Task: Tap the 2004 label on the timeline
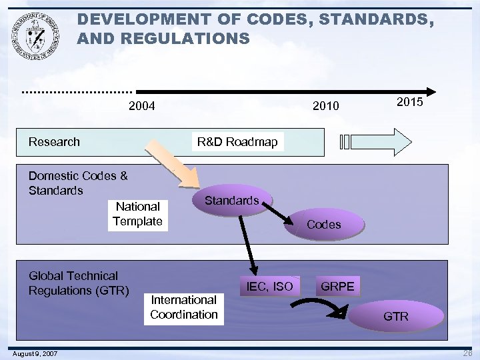point(141,105)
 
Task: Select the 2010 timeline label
point(326,106)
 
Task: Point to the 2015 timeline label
point(410,103)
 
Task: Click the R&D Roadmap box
point(237,141)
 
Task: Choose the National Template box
point(137,214)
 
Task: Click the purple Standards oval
point(231,200)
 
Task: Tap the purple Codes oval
point(323,225)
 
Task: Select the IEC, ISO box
point(269,287)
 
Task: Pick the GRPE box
point(338,287)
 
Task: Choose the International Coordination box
point(184,307)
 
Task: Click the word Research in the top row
point(54,141)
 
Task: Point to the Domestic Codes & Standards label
point(77,183)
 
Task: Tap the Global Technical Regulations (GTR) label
point(78,283)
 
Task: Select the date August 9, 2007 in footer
point(34,353)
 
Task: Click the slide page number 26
point(466,353)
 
